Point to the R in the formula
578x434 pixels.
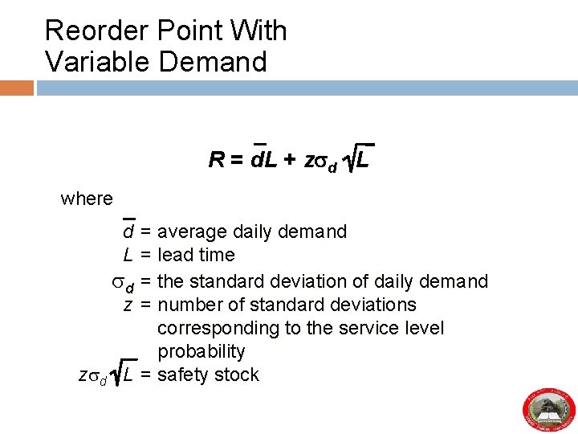tap(215, 161)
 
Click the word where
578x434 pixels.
tap(87, 198)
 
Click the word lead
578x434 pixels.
tap(173, 256)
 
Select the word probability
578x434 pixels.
tap(201, 352)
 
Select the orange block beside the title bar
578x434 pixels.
tap(17, 87)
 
